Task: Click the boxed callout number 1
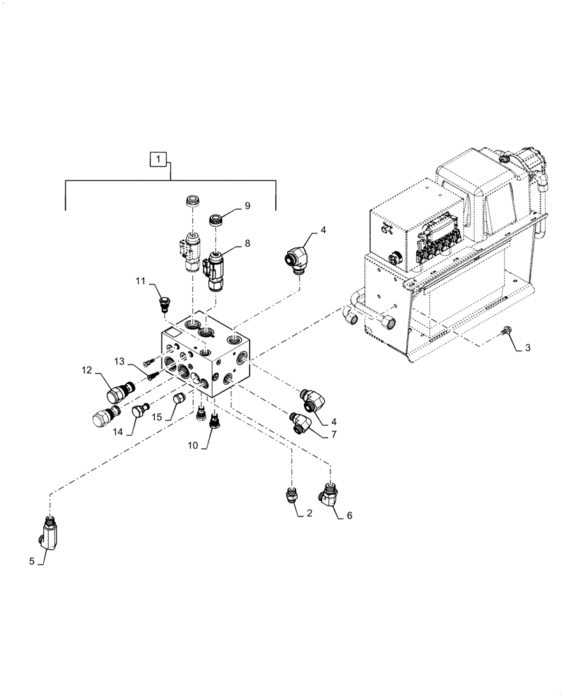(160, 160)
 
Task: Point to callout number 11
(139, 281)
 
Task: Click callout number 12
(87, 371)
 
